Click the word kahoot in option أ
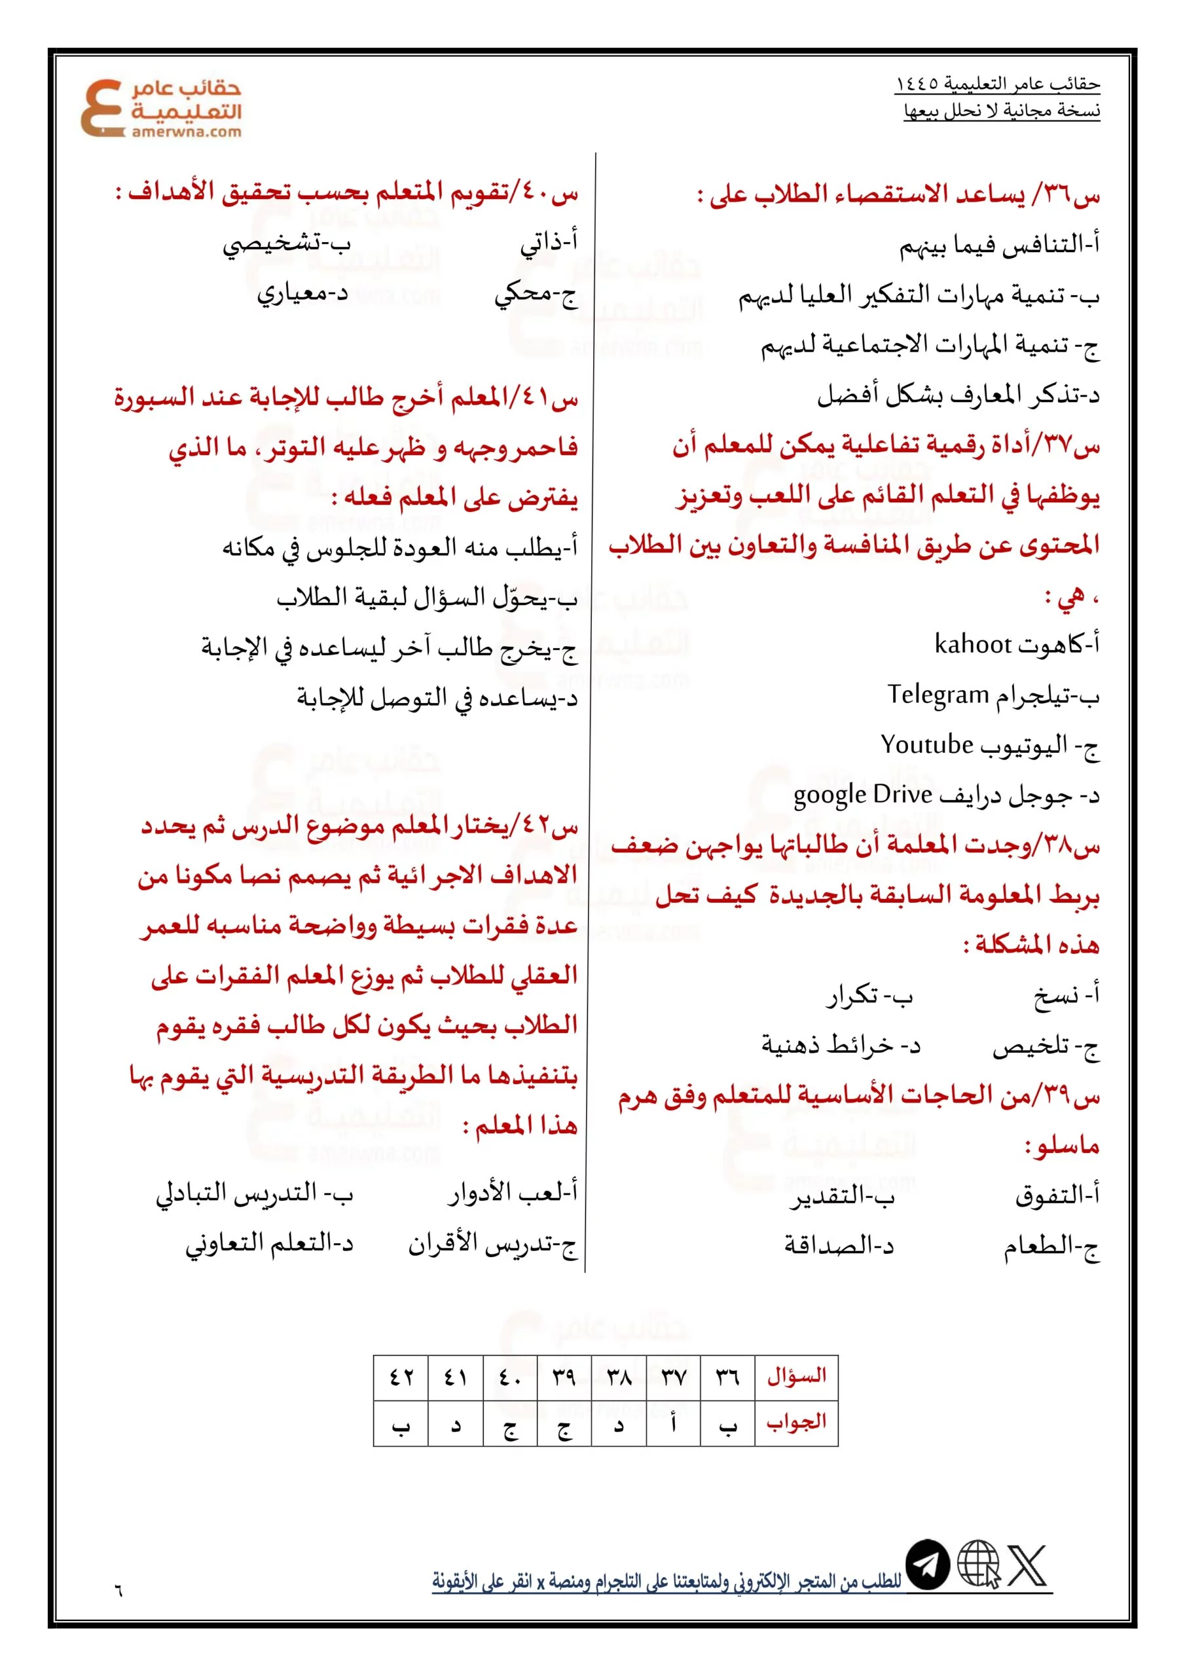coord(972,645)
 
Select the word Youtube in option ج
coord(926,744)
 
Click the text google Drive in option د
coord(862,794)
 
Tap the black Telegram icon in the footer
coord(927,1585)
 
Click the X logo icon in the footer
coord(1028,1585)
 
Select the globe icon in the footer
coord(978,1585)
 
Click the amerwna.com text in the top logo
coord(186,132)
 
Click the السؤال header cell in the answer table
coord(797,1376)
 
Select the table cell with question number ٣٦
coord(727,1376)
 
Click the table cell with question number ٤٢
coord(401,1376)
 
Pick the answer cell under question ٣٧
coord(673,1422)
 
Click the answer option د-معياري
coord(302,293)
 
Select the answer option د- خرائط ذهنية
coord(841,1046)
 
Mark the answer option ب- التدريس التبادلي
coord(254,1193)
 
